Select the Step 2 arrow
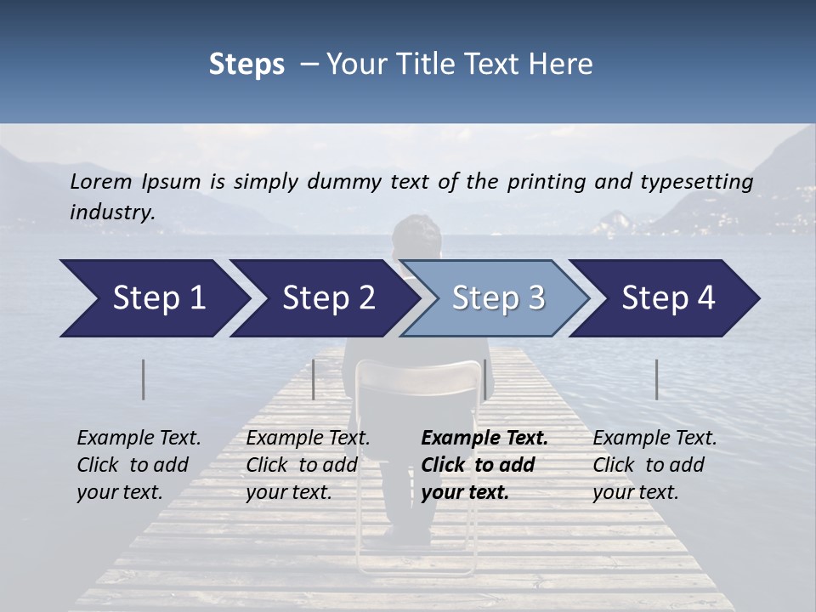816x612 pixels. [x=328, y=298]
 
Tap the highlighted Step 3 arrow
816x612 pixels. [x=498, y=298]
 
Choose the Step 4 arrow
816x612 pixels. [x=668, y=298]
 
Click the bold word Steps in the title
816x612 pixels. [x=246, y=65]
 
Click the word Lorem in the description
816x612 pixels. [x=101, y=181]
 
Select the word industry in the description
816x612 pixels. [x=111, y=212]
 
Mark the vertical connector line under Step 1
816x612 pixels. [x=143, y=379]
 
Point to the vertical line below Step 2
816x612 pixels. [x=314, y=379]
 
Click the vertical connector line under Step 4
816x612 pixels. [x=656, y=379]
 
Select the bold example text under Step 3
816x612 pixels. [x=484, y=465]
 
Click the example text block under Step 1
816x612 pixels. [x=139, y=465]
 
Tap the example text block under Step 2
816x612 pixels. [x=308, y=465]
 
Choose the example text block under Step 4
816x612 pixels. [x=654, y=465]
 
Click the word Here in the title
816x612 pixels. [x=564, y=65]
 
